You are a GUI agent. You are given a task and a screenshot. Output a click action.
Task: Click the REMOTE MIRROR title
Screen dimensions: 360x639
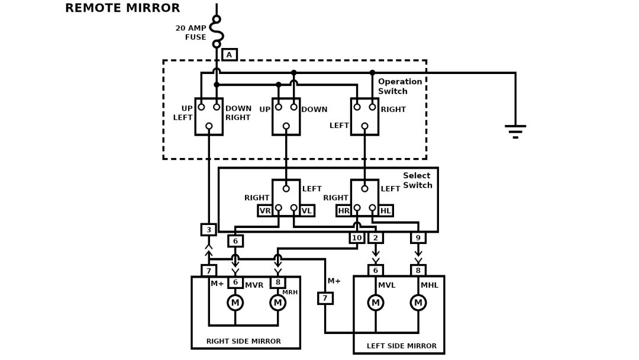[122, 8]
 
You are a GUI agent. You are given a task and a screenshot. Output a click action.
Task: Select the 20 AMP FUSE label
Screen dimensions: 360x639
[191, 33]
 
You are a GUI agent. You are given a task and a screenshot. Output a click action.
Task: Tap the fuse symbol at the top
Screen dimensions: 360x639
[217, 31]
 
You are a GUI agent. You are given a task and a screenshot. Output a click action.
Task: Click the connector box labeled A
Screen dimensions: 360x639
[230, 54]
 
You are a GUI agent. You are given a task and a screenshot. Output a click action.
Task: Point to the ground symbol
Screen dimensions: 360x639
[515, 131]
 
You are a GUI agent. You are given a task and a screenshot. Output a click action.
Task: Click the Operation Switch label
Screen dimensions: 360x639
[400, 86]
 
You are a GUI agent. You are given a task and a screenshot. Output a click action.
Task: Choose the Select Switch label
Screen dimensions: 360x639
[417, 181]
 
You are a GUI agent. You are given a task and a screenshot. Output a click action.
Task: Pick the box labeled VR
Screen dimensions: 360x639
[265, 211]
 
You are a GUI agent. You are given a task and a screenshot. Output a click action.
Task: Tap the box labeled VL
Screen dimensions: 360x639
[306, 211]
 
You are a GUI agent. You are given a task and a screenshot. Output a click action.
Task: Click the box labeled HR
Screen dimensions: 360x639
[344, 211]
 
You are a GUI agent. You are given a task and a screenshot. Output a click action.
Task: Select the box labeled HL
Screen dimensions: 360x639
[386, 211]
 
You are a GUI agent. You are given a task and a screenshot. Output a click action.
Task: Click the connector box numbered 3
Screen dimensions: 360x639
[208, 230]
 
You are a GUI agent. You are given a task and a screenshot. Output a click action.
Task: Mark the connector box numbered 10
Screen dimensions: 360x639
[357, 237]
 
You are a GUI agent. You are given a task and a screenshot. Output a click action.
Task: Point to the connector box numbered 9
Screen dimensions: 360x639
[418, 237]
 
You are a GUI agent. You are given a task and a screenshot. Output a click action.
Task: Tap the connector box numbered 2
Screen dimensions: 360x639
[376, 237]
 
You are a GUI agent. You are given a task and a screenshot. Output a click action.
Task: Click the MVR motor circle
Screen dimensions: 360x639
[235, 303]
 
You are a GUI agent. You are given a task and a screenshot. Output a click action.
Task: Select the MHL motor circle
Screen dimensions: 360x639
[418, 303]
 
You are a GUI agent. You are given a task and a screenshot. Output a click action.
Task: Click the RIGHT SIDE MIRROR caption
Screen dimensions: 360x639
[244, 342]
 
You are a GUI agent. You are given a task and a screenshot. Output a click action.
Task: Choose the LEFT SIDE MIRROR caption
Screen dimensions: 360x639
[402, 346]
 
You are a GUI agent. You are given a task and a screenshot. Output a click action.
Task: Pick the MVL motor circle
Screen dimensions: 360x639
[376, 303]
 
